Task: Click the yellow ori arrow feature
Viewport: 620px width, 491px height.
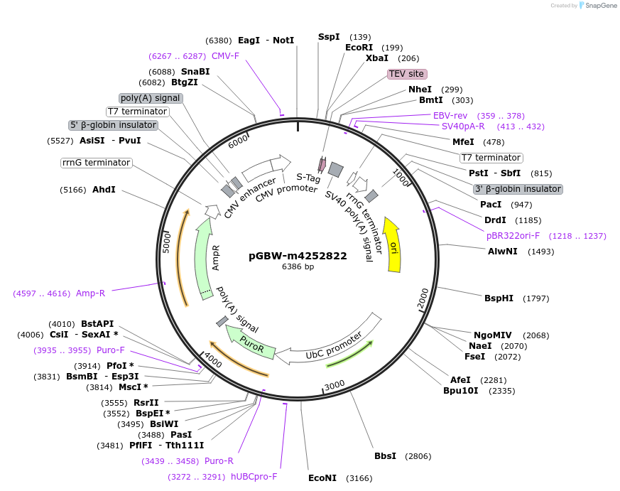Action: coord(392,245)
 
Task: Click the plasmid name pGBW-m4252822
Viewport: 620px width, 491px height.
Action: coord(298,256)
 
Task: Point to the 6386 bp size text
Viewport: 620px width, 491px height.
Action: coord(298,267)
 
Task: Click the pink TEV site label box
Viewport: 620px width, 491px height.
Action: coord(407,74)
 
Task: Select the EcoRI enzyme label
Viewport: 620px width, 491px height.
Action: coord(359,48)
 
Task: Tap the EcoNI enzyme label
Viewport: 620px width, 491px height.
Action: coord(322,478)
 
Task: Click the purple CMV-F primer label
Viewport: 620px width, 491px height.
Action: coord(225,55)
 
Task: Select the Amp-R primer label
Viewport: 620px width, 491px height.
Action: coord(90,293)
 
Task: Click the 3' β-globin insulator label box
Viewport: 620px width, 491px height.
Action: coord(518,189)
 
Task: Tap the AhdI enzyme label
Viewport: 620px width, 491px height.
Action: coord(104,190)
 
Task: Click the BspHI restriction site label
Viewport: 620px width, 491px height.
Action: coord(499,298)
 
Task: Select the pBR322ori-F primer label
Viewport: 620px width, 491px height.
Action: coord(513,236)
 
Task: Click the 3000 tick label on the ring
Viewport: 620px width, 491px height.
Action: coord(334,384)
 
